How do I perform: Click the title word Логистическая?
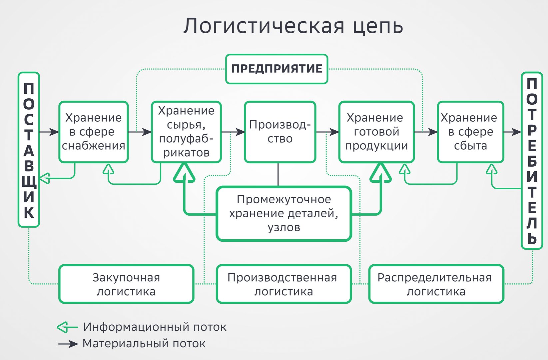coord(264,26)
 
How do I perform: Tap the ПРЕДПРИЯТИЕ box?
coord(277,69)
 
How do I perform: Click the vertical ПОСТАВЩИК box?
coord(29,150)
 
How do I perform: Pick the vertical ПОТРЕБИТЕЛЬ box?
coord(532,161)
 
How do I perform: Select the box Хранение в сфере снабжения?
coord(94,132)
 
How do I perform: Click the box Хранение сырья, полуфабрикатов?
coord(187,132)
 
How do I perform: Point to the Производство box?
coord(280,132)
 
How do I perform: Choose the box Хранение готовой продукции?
coord(376,132)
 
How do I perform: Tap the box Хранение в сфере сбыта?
coord(470,132)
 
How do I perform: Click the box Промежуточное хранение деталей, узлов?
coord(284,214)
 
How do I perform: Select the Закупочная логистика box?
coord(126,284)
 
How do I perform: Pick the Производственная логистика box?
coord(284,284)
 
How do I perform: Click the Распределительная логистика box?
coord(436,284)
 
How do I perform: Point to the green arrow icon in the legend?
coord(67,327)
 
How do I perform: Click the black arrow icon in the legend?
coord(68,344)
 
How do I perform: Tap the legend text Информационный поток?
coord(155,327)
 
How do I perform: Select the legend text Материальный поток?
coord(144,344)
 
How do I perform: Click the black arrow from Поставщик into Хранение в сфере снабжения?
coord(49,132)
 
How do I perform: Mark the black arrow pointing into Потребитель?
coord(513,132)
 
